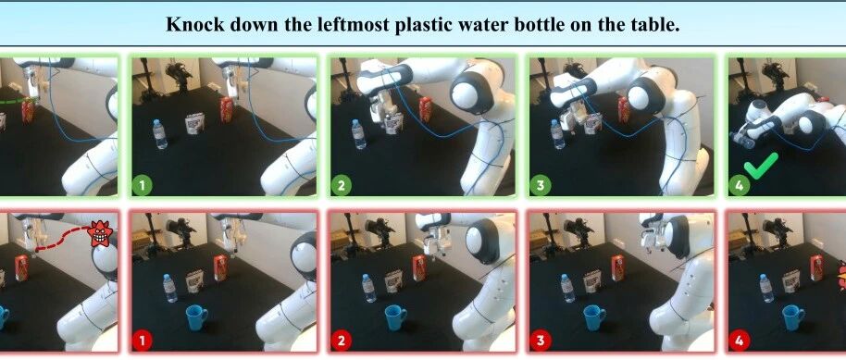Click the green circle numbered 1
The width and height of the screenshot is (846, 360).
[x=143, y=186]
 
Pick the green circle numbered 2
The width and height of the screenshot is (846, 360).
[x=342, y=186]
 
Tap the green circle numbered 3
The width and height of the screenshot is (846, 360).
[x=541, y=186]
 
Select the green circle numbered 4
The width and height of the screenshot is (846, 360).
[x=740, y=186]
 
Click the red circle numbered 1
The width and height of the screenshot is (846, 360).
[x=143, y=341]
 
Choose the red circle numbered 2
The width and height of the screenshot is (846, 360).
[x=342, y=341]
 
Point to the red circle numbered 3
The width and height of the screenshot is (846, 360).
[x=541, y=341]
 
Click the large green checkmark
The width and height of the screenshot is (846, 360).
[x=761, y=165]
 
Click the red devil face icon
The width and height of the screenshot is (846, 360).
[x=100, y=234]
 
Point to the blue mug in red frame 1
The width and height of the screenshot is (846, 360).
[x=196, y=318]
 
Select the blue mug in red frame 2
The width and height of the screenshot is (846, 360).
[x=395, y=317]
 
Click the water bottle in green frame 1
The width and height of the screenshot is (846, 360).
[x=160, y=134]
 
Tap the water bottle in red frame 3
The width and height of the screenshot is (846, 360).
[x=567, y=288]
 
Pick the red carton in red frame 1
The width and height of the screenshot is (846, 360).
[x=220, y=268]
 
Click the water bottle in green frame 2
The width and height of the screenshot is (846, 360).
[x=359, y=134]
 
